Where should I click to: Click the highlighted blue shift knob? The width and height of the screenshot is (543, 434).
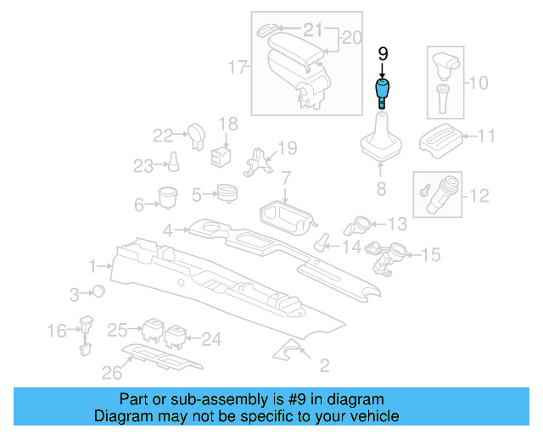383,89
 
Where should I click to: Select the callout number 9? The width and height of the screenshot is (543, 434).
383,53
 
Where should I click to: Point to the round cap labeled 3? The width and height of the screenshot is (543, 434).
99,292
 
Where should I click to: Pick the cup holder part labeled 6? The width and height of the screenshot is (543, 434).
166,198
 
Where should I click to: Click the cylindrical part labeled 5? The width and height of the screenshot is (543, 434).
226,193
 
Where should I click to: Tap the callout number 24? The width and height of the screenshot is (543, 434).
210,339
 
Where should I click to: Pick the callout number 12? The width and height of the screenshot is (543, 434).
479,196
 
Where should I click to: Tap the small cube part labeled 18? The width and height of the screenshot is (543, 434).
223,157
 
